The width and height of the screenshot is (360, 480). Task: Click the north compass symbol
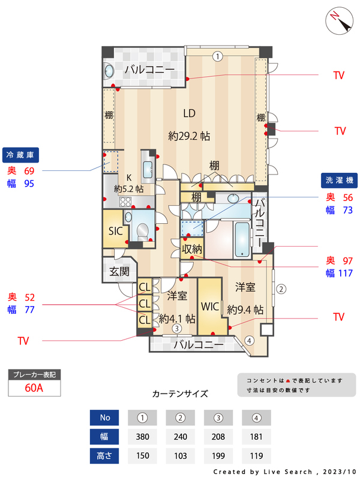[339, 21]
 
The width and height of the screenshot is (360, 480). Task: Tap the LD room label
[189, 113]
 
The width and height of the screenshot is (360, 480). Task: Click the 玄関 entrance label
[119, 271]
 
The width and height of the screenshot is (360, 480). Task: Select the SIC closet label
[115, 231]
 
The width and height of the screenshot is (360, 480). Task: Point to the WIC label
[210, 307]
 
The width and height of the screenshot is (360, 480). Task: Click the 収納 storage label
[192, 249]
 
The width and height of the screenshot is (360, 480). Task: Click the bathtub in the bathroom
[242, 239]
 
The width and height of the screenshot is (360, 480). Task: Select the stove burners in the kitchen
[125, 202]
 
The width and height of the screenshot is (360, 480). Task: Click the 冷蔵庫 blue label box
[20, 155]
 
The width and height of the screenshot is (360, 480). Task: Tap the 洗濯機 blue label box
[339, 181]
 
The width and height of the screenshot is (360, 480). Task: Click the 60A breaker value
[34, 388]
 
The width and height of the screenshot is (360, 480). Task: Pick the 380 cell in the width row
[142, 437]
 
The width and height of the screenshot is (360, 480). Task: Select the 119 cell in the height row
[256, 456]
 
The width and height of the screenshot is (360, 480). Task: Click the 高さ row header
[104, 456]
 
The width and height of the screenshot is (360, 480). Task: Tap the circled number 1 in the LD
[218, 56]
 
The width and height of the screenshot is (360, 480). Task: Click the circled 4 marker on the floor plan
[250, 340]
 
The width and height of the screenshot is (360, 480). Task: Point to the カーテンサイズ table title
[180, 394]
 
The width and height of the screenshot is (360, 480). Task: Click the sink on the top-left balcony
[109, 71]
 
